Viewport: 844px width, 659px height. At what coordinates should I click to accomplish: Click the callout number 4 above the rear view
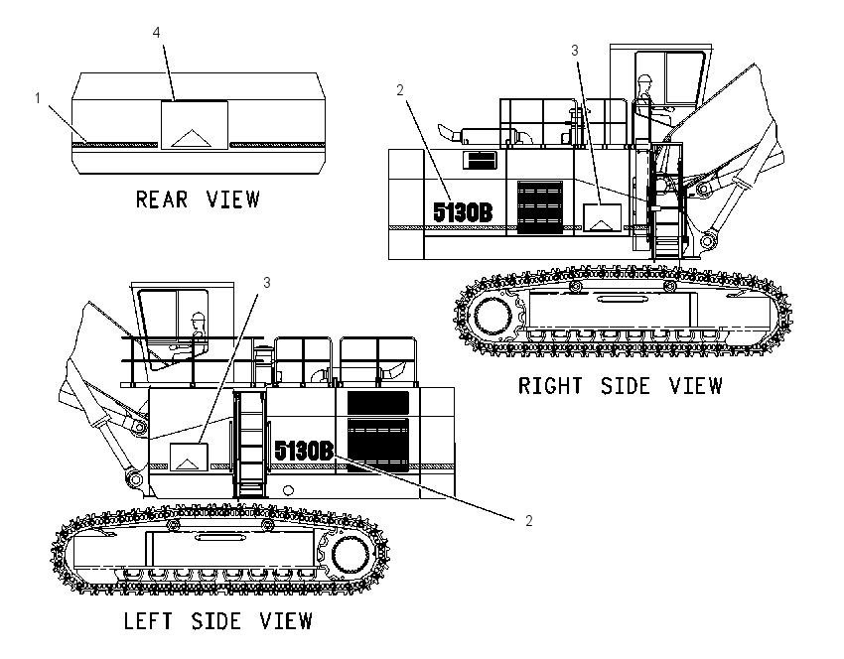click(x=156, y=33)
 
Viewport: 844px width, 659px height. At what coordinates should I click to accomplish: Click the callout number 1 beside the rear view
click(x=38, y=98)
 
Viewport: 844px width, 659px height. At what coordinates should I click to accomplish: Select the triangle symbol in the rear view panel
click(x=191, y=138)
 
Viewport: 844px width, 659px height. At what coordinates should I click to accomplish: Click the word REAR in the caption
click(x=162, y=199)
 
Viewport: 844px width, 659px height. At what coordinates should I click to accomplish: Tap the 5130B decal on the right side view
click(x=463, y=212)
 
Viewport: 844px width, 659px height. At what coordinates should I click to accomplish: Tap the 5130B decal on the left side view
click(x=304, y=451)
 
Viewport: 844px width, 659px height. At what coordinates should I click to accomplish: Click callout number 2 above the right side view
click(x=399, y=90)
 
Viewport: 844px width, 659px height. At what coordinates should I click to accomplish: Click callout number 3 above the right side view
click(x=574, y=51)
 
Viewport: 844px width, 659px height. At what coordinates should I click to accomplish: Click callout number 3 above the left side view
click(x=266, y=283)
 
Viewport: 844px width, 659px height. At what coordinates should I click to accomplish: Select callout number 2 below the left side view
click(x=528, y=521)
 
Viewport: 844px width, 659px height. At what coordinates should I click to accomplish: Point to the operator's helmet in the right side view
click(x=644, y=78)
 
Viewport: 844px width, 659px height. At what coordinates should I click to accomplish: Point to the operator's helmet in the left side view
click(x=199, y=317)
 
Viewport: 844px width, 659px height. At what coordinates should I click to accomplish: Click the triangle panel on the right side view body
click(x=603, y=217)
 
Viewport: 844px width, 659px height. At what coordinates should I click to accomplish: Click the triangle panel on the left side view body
click(x=189, y=457)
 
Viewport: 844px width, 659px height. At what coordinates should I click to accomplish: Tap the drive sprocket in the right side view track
click(x=492, y=315)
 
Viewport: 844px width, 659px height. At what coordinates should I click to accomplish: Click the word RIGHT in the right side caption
click(x=549, y=386)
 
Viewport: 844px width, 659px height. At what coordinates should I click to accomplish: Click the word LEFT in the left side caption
click(x=149, y=621)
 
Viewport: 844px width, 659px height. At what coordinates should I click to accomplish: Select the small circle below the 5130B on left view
click(x=289, y=490)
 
